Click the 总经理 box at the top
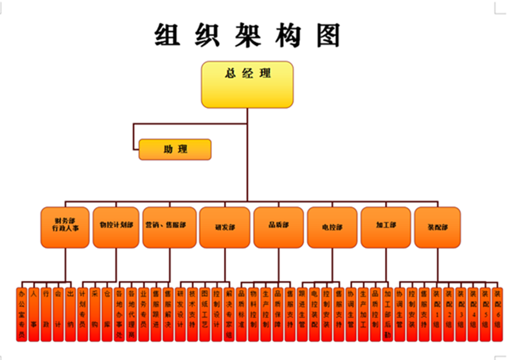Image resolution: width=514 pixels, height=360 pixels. (247, 84)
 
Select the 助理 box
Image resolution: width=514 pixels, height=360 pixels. (175, 150)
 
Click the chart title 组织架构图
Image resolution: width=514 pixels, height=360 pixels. (247, 35)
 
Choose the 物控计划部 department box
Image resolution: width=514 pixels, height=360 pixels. (116, 227)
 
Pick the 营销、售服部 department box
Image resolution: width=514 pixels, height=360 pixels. (170, 227)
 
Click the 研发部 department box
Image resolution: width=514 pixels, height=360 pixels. (224, 227)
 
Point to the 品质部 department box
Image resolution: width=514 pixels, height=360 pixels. (278, 227)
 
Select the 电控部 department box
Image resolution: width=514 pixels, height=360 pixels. (332, 227)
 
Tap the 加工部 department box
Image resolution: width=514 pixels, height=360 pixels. (385, 227)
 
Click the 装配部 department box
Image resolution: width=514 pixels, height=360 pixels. (438, 227)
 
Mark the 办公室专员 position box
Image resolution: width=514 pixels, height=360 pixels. (22, 314)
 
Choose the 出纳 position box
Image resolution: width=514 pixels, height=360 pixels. (70, 314)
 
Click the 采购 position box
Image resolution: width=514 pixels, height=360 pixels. (94, 314)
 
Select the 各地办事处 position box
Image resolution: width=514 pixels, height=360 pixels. (119, 314)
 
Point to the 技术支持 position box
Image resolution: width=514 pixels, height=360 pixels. (192, 314)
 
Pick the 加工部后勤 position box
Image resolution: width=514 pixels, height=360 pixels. (387, 314)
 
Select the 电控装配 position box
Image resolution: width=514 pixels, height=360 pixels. (314, 314)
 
